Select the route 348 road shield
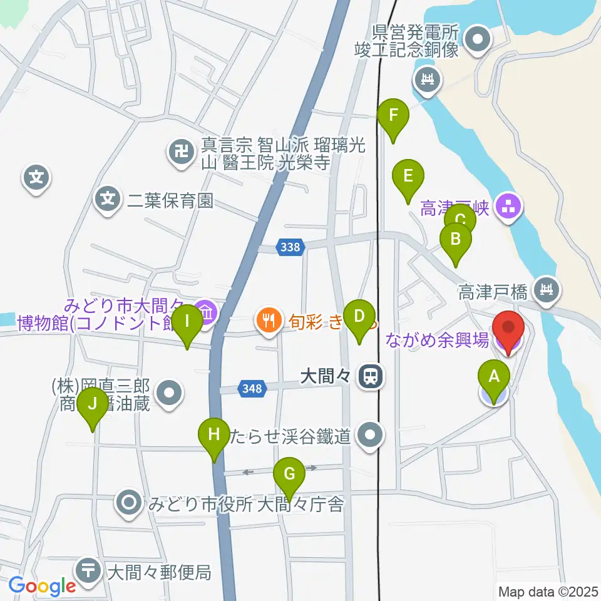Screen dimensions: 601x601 click(251, 389)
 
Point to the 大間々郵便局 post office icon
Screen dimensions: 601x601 click(88, 570)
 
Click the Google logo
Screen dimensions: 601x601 click(42, 587)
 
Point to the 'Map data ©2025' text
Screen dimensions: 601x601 click(548, 590)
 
